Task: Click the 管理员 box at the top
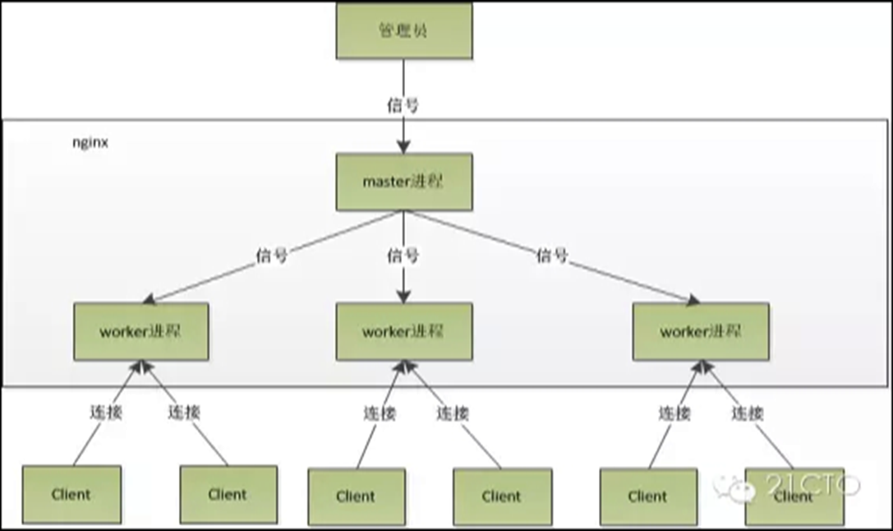[404, 30]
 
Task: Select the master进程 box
[404, 182]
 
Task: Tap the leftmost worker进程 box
[141, 331]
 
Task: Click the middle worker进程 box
[404, 331]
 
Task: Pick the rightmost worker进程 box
[701, 331]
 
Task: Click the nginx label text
[90, 142]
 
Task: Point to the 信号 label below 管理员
[403, 105]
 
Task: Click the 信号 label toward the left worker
[272, 256]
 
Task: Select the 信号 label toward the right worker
[552, 256]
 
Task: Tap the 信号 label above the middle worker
[403, 256]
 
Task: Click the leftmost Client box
[71, 495]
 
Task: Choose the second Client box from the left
[228, 495]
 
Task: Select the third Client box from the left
[357, 496]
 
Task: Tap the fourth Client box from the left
[502, 496]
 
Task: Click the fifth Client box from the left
[649, 496]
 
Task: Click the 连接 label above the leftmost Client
[106, 412]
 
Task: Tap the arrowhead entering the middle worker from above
[404, 296]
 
